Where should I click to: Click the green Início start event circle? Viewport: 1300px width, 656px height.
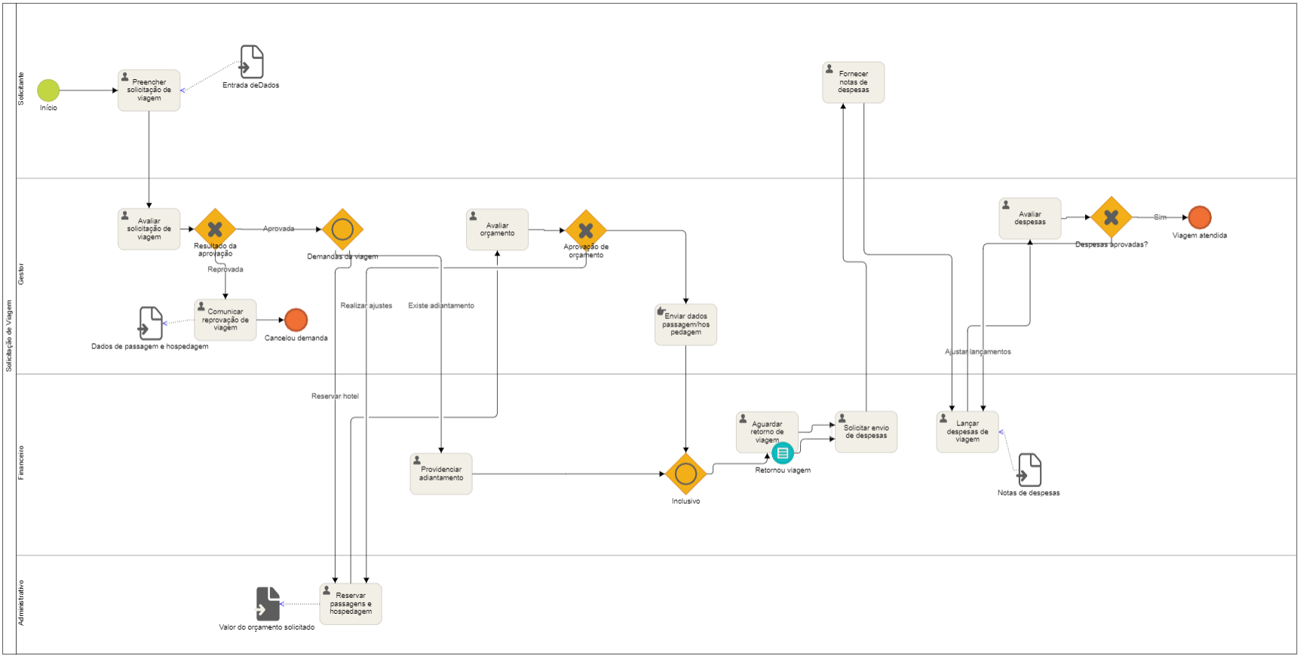48,90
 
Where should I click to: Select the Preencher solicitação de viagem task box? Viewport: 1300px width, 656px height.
149,90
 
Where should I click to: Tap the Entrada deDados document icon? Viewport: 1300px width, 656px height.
252,62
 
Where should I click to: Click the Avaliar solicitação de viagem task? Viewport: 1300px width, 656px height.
149,229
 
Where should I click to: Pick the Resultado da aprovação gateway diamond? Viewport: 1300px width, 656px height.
215,228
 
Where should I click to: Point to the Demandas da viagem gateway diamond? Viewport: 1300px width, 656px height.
342,229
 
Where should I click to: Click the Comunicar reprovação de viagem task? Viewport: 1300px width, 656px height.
225,320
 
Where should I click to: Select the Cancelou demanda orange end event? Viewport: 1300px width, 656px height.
296,320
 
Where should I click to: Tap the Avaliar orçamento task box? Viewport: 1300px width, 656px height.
498,229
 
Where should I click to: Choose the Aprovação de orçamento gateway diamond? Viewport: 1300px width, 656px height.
586,231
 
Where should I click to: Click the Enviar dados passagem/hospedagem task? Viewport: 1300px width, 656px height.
686,324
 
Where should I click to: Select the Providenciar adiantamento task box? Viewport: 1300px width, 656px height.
441,474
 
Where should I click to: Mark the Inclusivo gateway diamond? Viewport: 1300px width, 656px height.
685,474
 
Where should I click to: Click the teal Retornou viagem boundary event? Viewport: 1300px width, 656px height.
783,453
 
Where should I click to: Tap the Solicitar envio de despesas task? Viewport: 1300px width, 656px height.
866,431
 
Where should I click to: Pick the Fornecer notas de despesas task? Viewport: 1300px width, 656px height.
854,82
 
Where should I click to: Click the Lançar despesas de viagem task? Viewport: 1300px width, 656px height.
967,431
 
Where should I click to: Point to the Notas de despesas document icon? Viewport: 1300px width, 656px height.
1029,470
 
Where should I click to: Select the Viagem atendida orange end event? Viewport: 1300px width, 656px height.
1200,217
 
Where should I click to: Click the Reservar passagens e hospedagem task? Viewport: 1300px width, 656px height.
351,603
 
